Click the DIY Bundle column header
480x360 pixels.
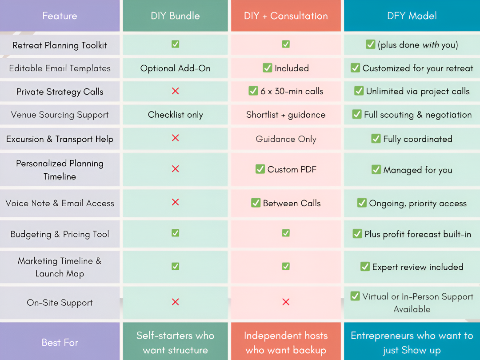175,16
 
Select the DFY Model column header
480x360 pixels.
412,16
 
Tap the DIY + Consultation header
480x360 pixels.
286,16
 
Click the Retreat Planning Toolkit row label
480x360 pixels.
60,45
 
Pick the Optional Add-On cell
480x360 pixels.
175,68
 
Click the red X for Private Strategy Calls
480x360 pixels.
175,91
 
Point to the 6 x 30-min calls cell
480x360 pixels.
286,91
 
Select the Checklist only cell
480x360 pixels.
175,115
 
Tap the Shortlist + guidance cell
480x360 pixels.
286,115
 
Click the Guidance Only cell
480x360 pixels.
286,139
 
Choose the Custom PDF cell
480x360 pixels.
286,169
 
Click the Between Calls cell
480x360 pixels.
286,203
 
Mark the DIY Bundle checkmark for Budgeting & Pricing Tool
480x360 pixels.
175,233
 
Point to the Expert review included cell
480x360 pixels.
412,267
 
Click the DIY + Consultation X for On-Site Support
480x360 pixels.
286,302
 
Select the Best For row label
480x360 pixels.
60,342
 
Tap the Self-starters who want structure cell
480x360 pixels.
175,342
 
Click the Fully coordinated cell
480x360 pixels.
412,139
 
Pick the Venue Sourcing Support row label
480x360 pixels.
60,115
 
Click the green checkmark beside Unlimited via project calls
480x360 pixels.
359,91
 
